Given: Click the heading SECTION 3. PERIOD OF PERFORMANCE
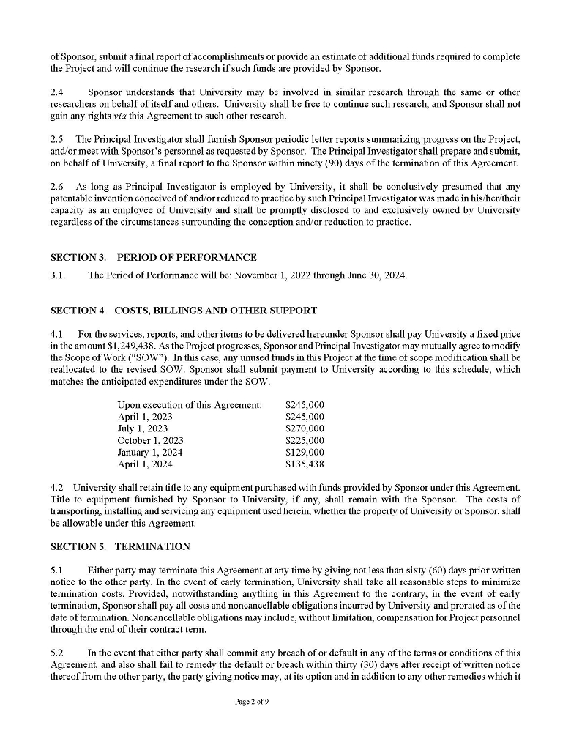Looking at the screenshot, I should click(153, 258).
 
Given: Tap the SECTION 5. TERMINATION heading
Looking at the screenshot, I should click(120, 546).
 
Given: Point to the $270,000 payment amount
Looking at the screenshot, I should click(305, 428).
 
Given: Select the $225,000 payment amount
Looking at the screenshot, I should click(305, 440).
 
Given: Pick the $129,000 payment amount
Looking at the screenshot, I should click(305, 452).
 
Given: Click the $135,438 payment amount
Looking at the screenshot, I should click(305, 464).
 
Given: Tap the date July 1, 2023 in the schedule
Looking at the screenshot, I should click(143, 428).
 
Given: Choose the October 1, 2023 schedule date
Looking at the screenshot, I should click(150, 440).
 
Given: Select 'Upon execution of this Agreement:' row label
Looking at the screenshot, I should click(190, 405).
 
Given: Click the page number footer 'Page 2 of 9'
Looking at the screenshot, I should click(252, 702).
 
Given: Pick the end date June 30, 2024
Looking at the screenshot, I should click(374, 275).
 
